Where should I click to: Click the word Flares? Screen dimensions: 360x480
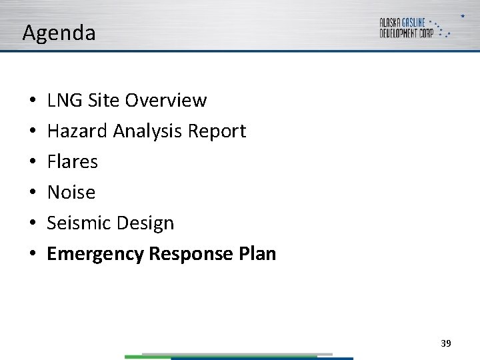pyautogui.click(x=72, y=162)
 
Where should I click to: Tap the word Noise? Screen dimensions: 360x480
pyautogui.click(x=71, y=193)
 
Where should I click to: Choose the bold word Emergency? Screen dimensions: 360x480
pyautogui.click(x=95, y=254)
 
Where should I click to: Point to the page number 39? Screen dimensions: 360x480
pyautogui.click(x=446, y=343)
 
